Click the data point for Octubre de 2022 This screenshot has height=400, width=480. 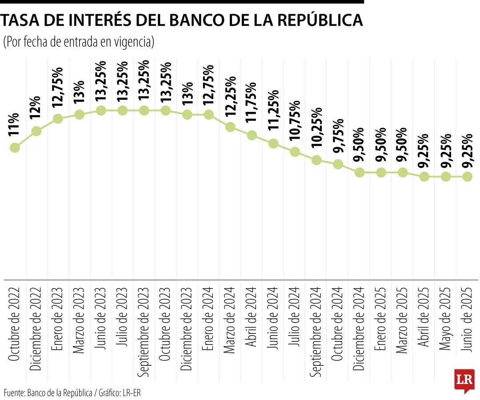(x=15, y=148)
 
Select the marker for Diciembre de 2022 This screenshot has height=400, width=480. (x=36, y=131)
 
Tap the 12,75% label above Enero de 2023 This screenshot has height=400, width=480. (x=58, y=91)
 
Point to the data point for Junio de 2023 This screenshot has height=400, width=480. (x=101, y=110)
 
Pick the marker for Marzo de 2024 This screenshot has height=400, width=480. (x=230, y=127)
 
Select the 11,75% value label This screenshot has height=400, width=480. (x=252, y=107)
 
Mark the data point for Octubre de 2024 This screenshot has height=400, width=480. (x=338, y=164)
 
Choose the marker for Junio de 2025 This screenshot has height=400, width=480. (x=467, y=176)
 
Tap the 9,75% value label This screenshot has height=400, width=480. (x=338, y=136)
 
